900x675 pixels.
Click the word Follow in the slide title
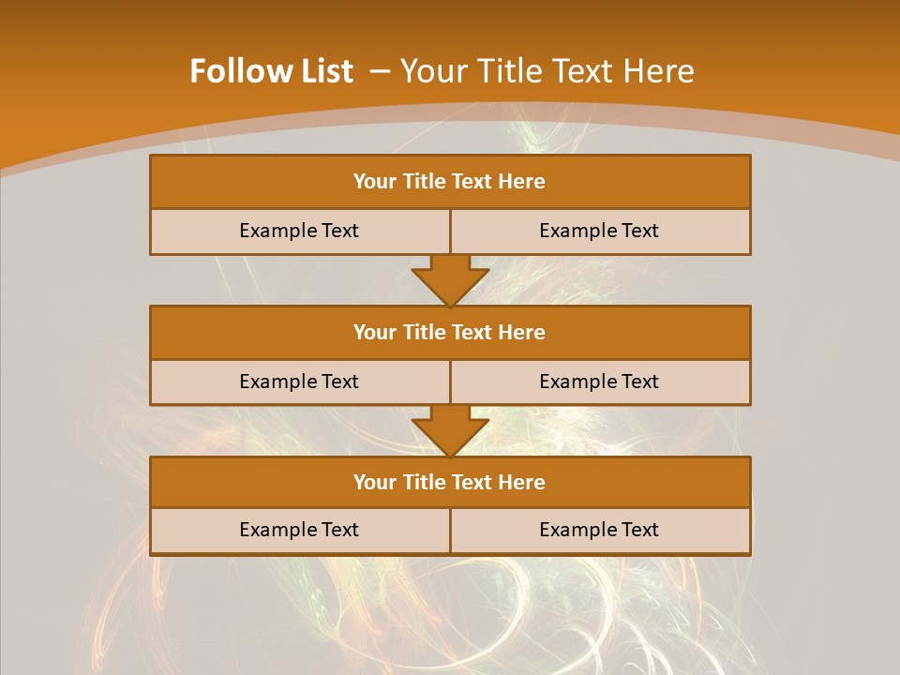click(235, 71)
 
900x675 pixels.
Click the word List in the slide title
click(322, 71)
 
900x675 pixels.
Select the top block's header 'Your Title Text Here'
click(449, 182)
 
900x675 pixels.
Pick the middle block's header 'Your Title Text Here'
click(449, 332)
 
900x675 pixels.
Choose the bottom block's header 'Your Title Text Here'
click(449, 482)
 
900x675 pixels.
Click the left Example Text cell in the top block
click(299, 231)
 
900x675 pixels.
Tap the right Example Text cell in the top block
click(599, 231)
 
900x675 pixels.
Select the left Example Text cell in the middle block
click(299, 382)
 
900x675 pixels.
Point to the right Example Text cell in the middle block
click(599, 382)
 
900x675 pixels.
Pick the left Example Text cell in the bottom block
click(299, 530)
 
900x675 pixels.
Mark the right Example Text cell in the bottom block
click(599, 530)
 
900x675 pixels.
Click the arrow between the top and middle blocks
click(450, 279)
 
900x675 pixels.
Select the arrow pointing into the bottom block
click(450, 430)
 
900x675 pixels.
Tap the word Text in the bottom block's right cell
click(639, 530)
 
